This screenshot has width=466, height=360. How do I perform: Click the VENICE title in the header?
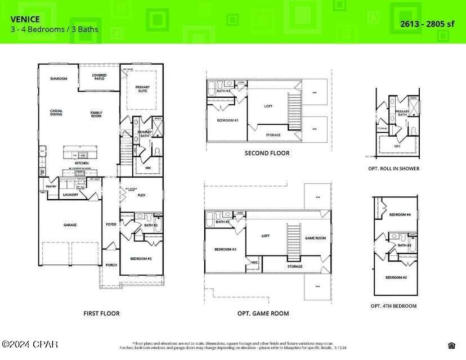click(x=25, y=19)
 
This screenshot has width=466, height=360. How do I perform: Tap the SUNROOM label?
click(x=58, y=79)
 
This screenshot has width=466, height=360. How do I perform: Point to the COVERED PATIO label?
click(x=99, y=76)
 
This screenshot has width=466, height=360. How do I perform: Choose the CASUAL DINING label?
click(x=56, y=112)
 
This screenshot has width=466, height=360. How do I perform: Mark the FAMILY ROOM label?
click(x=96, y=114)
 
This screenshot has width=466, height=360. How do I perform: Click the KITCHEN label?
click(x=82, y=163)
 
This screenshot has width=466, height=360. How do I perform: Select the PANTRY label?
click(x=51, y=185)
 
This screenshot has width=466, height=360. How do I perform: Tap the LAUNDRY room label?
click(x=70, y=195)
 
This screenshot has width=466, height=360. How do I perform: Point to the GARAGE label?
click(x=70, y=225)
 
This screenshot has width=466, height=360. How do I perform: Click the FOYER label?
click(x=111, y=224)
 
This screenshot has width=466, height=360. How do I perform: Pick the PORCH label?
click(x=111, y=265)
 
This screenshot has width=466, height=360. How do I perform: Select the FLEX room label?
click(x=142, y=196)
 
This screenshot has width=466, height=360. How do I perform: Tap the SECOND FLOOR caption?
click(x=267, y=153)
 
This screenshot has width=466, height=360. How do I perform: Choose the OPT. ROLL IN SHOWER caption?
click(x=397, y=168)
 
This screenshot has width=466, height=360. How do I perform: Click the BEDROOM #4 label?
click(x=400, y=214)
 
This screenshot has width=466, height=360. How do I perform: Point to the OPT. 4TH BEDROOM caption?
click(x=393, y=306)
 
